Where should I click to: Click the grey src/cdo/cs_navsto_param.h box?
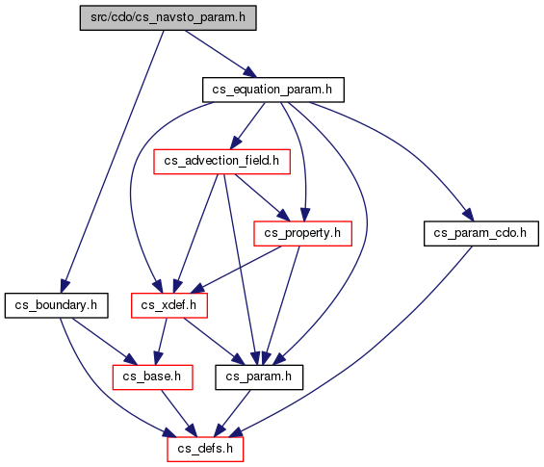[168, 17]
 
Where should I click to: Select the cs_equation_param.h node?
[273, 90]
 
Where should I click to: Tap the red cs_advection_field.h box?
[222, 162]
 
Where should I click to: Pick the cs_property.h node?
[303, 233]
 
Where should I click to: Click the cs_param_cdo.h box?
[481, 233]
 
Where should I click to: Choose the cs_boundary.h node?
[56, 305]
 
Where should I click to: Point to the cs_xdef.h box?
[169, 305]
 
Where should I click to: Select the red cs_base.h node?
[153, 377]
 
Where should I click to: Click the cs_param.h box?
[259, 377]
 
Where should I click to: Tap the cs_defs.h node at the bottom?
[205, 450]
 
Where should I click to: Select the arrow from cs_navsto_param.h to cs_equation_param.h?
[220, 54]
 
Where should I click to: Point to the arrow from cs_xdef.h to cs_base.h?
[162, 341]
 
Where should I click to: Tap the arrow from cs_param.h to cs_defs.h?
[232, 413]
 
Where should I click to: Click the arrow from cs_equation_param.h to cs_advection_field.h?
[247, 126]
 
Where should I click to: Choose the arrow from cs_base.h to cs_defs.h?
[179, 413]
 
